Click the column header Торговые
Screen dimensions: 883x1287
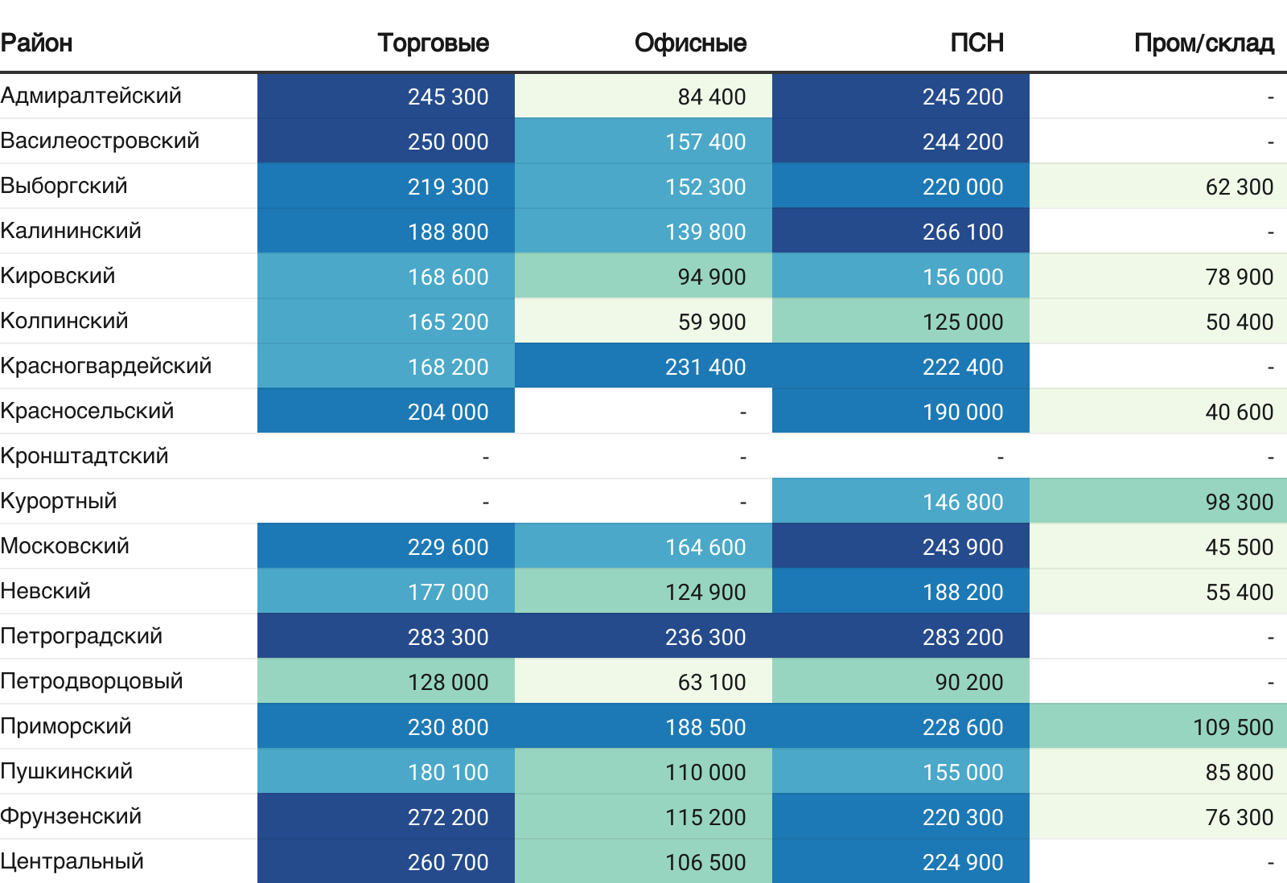coord(433,43)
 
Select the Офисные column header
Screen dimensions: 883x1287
coord(690,43)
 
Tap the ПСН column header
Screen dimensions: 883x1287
coord(977,43)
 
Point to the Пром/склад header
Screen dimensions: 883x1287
coord(1203,43)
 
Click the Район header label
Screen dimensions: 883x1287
coord(36,43)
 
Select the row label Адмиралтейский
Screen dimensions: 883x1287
coord(91,96)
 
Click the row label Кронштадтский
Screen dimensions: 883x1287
coord(84,456)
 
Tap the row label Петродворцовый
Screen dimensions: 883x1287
coord(92,681)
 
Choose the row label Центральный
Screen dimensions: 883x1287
coord(72,861)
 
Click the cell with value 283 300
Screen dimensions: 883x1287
coord(447,637)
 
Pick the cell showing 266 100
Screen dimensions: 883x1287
coord(962,232)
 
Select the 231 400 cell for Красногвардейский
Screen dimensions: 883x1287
coord(705,367)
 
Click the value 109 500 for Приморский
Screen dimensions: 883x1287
coord(1232,727)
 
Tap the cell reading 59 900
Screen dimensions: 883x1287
coord(711,322)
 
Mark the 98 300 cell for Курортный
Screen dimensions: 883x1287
coord(1239,502)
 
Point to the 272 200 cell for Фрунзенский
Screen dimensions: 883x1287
coord(447,817)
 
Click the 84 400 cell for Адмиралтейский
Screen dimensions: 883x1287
coord(711,97)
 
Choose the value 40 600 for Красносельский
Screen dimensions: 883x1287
coord(1239,412)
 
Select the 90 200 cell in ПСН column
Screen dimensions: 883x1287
coord(968,682)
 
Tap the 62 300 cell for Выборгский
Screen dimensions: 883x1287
coord(1239,187)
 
